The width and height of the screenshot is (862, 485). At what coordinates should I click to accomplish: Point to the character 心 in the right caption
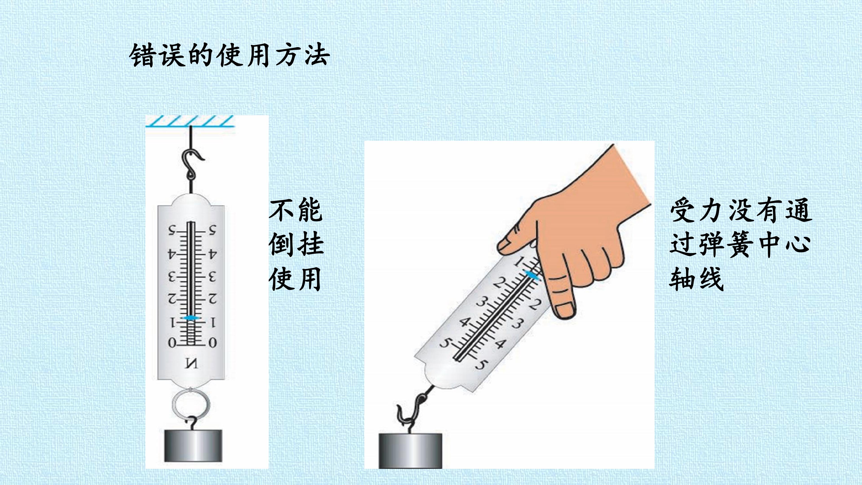[x=798, y=244]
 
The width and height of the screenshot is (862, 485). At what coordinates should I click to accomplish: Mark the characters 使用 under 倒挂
[x=296, y=278]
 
